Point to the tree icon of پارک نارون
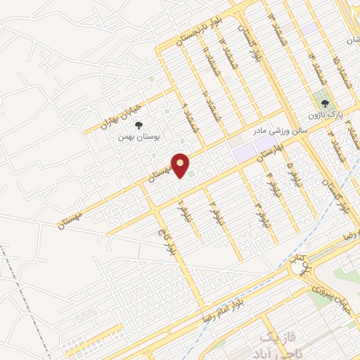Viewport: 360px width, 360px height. pos(324,103)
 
